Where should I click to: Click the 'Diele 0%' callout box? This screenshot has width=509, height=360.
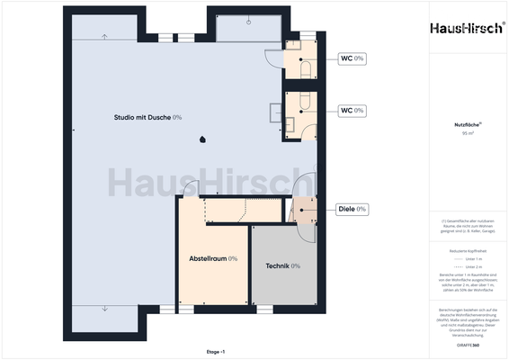tap(352, 209)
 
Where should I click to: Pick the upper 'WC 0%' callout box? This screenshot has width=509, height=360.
tap(352, 58)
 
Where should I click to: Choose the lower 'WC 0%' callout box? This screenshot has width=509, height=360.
tap(352, 110)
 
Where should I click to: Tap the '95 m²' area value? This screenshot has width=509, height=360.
tap(467, 133)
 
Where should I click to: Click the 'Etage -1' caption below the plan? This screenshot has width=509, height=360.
tap(216, 352)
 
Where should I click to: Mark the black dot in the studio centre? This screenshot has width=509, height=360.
tap(203, 139)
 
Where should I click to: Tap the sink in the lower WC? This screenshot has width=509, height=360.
tap(291, 124)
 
